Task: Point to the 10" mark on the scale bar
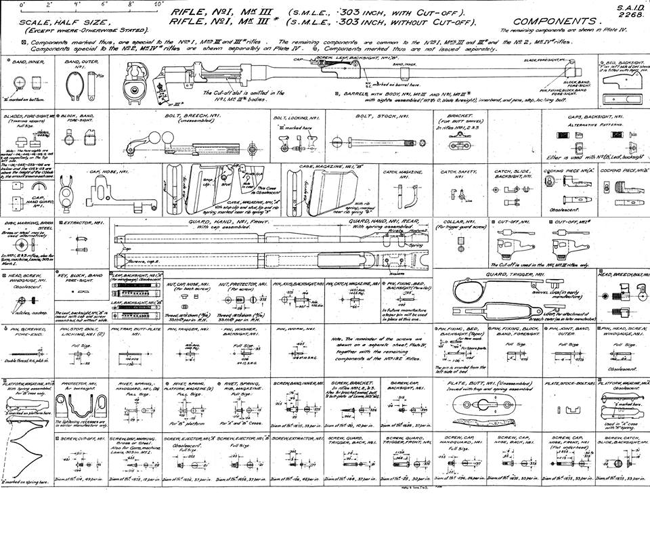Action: click(x=158, y=4)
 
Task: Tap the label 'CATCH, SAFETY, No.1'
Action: click(x=460, y=171)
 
